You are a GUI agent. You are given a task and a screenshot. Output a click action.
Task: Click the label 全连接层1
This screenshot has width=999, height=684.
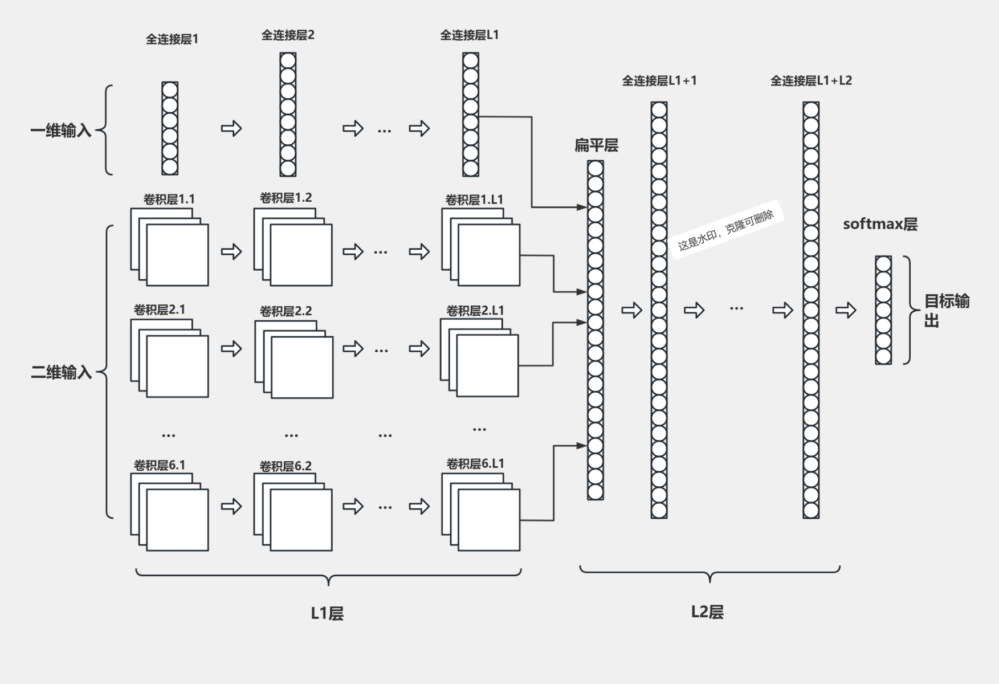pos(172,39)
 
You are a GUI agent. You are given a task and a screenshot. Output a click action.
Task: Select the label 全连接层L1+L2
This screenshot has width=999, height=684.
pos(811,81)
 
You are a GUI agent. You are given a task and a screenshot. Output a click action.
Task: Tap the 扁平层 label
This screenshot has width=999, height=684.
pos(596,146)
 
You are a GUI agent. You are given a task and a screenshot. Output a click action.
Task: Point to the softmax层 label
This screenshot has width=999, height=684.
pos(880,224)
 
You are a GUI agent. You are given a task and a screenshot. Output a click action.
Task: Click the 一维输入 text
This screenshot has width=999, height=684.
pos(60,131)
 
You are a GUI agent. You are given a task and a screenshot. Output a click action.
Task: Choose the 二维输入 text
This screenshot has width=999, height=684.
pos(61,373)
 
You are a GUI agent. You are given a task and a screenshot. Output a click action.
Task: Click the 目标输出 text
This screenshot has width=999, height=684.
pos(946,311)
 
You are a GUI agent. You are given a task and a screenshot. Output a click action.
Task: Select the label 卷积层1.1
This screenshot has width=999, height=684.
pos(169,199)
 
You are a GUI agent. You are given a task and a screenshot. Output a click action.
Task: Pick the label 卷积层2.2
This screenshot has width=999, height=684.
pos(286,311)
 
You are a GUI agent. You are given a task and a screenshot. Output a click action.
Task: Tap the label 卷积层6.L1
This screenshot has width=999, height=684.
pos(475,464)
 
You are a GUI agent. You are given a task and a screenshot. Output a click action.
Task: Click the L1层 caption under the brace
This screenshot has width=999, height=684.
pos(327,613)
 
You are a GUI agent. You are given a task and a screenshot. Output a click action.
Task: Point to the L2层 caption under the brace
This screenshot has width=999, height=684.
pos(707,612)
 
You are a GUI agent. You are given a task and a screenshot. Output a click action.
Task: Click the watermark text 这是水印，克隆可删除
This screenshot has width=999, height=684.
pos(726,231)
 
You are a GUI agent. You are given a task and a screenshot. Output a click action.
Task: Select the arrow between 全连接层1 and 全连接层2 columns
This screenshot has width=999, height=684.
pos(231,128)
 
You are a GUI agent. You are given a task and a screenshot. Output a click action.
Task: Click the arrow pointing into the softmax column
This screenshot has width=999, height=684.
pos(846,310)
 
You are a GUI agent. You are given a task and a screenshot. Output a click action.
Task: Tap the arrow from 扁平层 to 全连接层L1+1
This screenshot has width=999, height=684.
pos(631,310)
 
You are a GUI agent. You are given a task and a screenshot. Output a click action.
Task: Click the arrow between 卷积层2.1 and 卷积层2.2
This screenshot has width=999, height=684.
pos(231,348)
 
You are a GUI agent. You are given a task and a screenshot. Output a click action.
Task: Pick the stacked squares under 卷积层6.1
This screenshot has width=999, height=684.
pos(170,512)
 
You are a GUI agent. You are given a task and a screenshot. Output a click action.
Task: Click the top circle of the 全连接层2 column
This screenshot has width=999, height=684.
pos(288,60)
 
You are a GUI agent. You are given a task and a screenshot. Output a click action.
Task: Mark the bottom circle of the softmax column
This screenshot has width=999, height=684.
pos(883,356)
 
